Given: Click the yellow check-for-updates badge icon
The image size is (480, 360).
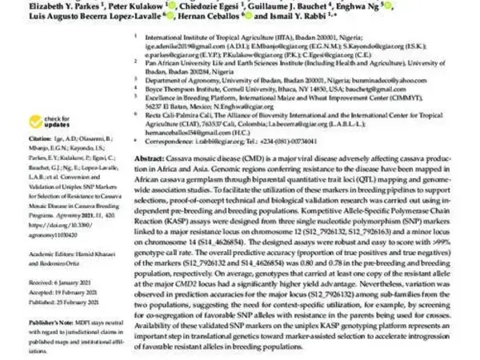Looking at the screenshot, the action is pos(35,121).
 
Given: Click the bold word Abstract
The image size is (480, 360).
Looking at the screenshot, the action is pos(148,160).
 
